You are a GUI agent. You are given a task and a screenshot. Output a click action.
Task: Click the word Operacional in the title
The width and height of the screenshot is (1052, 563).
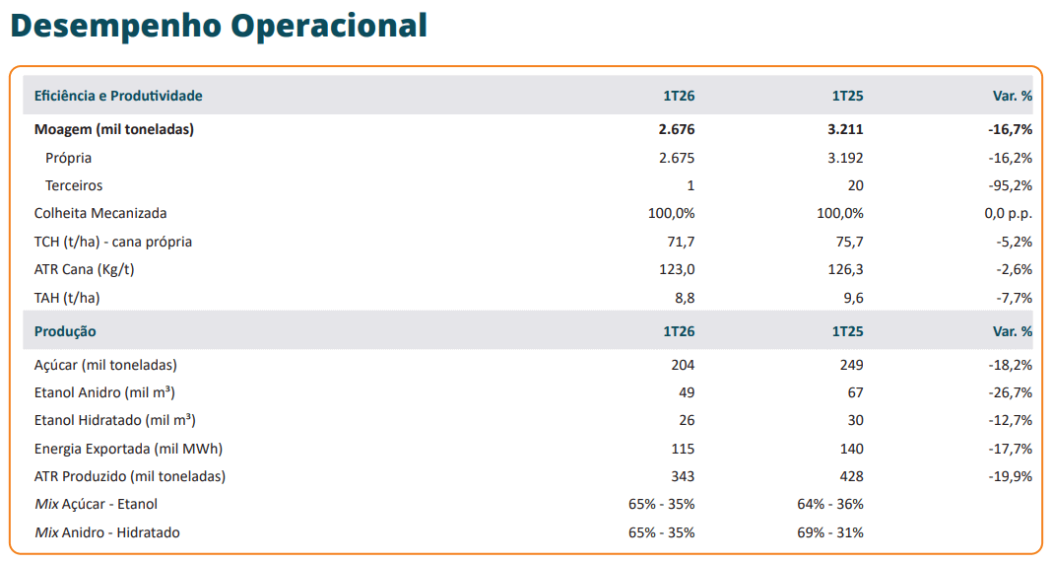click(329, 27)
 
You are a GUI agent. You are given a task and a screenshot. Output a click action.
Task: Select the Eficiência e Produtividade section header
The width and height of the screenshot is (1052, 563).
click(118, 96)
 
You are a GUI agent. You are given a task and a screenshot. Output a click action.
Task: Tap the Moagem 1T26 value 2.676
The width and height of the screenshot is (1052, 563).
click(677, 129)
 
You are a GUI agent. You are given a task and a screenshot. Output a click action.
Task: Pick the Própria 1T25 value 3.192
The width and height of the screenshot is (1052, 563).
click(845, 158)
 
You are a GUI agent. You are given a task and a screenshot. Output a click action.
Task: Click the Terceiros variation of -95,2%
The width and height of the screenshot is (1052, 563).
click(1010, 185)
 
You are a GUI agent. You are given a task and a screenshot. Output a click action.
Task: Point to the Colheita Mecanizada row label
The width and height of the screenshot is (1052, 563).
click(100, 214)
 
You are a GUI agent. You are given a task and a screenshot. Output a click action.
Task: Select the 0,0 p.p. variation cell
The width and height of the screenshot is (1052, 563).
click(1009, 214)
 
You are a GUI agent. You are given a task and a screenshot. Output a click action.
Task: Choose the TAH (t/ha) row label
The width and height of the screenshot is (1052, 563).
click(67, 298)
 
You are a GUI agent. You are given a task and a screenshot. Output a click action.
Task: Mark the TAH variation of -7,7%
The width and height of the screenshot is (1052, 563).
click(1014, 298)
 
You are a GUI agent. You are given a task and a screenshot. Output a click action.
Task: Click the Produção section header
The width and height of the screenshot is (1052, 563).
click(65, 331)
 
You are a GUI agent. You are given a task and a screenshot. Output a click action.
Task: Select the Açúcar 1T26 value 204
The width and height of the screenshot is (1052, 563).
click(683, 365)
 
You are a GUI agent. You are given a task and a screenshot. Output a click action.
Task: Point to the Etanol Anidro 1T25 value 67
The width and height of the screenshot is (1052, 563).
click(855, 392)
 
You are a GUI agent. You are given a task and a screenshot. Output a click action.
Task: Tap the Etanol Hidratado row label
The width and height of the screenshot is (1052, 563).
click(114, 421)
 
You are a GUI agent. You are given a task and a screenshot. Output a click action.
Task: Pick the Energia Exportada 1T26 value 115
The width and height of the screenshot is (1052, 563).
click(683, 449)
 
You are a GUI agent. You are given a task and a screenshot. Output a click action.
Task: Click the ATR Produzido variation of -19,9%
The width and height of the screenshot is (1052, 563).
click(1010, 476)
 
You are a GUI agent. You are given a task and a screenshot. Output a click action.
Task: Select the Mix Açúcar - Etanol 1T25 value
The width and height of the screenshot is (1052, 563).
click(830, 504)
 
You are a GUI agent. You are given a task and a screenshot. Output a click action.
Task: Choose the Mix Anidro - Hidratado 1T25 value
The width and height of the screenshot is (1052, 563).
click(830, 532)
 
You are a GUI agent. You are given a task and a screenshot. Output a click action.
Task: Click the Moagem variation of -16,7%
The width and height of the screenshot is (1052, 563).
click(1010, 129)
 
